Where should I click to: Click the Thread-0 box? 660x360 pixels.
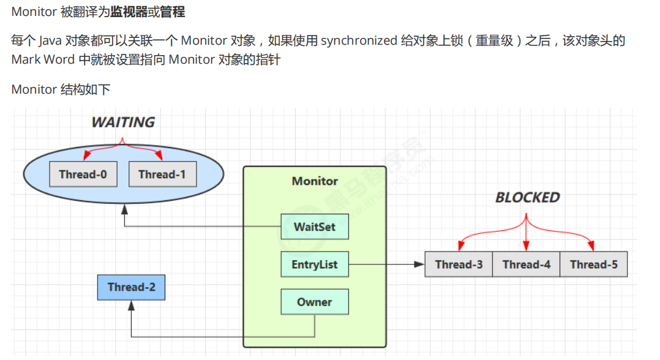pyautogui.click(x=83, y=174)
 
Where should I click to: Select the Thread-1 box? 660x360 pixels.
pyautogui.click(x=162, y=174)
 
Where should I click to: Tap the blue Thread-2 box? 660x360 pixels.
pyautogui.click(x=131, y=287)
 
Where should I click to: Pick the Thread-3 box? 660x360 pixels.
pyautogui.click(x=459, y=264)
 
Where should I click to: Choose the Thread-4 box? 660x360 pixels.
pyautogui.click(x=526, y=264)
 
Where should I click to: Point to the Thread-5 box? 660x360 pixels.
pyautogui.click(x=593, y=264)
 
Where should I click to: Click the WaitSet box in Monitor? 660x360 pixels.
pyautogui.click(x=313, y=227)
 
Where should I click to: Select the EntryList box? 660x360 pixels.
pyautogui.click(x=315, y=265)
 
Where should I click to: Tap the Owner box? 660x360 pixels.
pyautogui.click(x=315, y=302)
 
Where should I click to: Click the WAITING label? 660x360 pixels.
pyautogui.click(x=123, y=122)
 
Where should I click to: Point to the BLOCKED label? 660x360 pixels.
pyautogui.click(x=527, y=198)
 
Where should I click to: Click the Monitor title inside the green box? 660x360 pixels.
pyautogui.click(x=315, y=181)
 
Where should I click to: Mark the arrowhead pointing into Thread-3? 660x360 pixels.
pyautogui.click(x=420, y=264)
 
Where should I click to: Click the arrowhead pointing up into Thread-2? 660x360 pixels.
pyautogui.click(x=131, y=304)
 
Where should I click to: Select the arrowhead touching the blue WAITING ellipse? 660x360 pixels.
pyautogui.click(x=124, y=210)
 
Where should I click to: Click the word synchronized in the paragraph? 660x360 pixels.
pyautogui.click(x=359, y=41)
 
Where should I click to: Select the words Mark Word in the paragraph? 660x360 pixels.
pyautogui.click(x=43, y=60)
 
